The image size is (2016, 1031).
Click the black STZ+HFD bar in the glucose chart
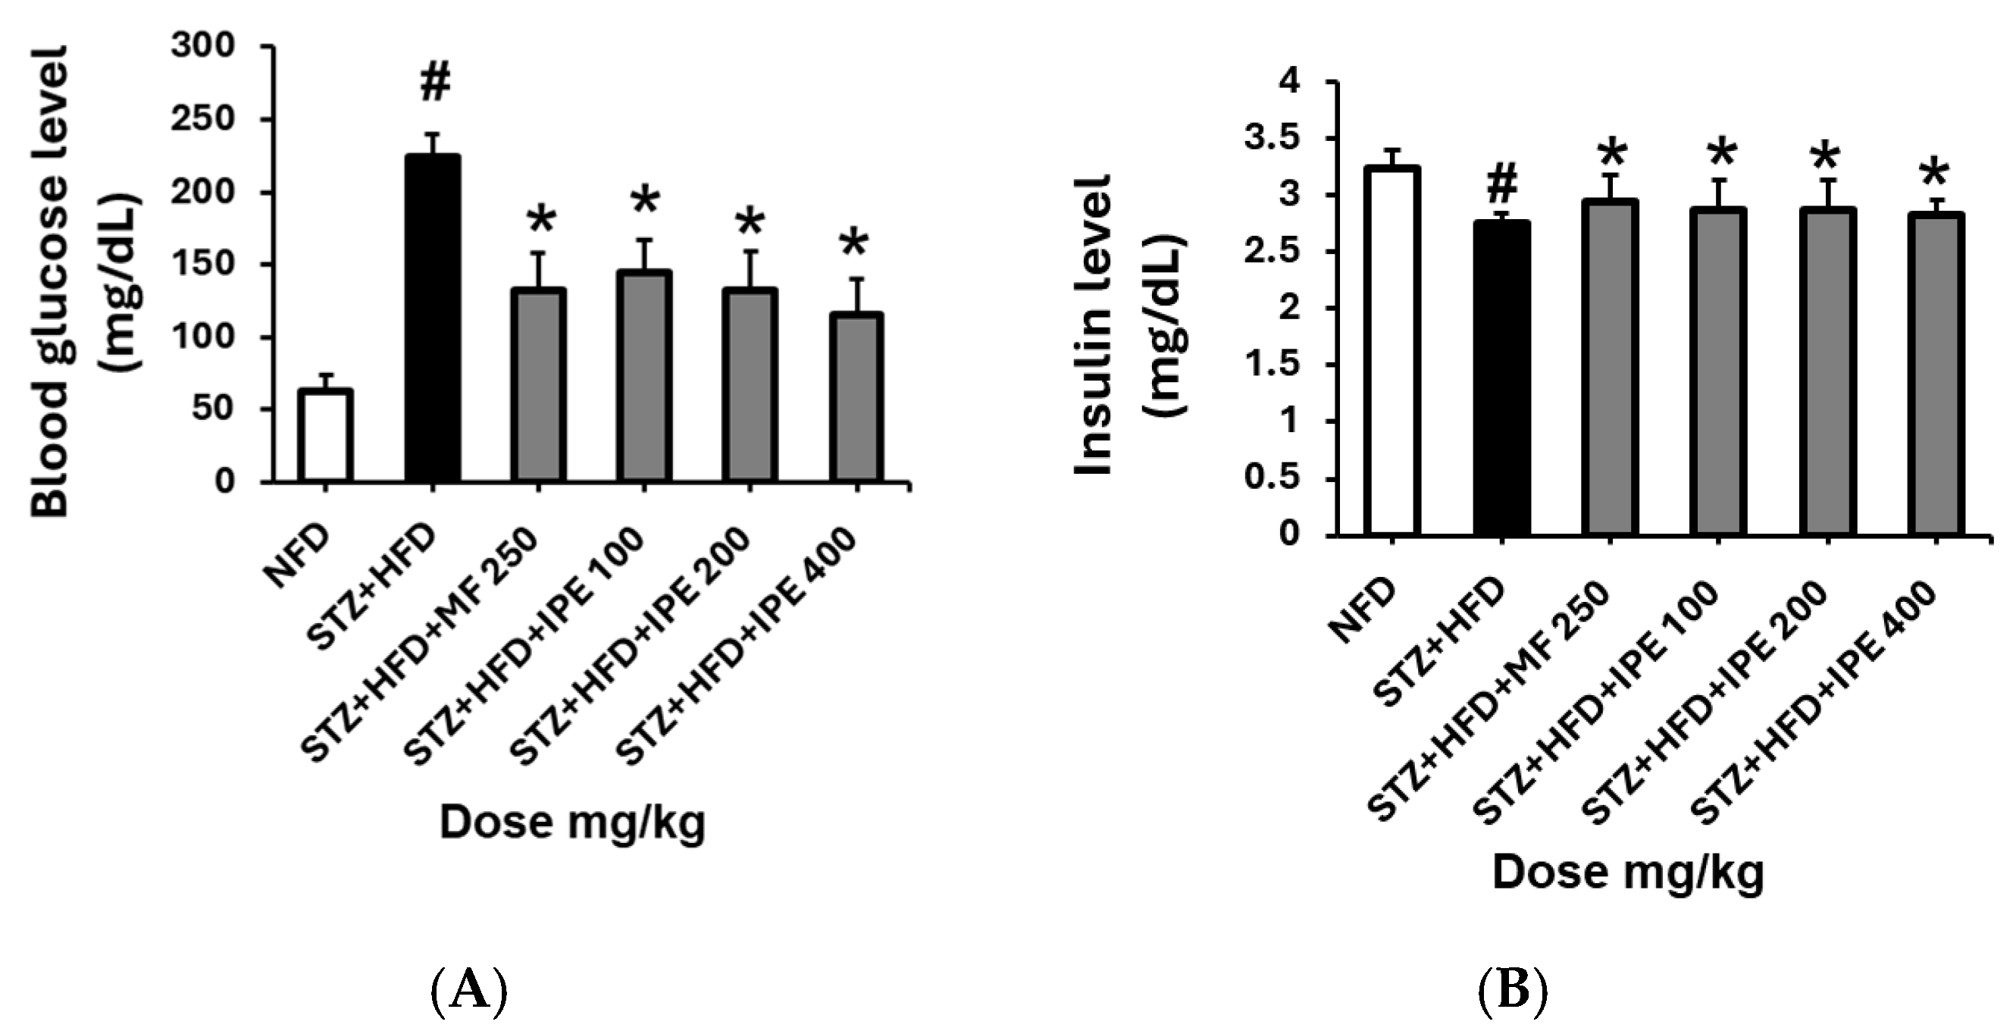coord(433,318)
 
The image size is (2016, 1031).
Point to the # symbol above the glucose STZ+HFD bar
coord(435,83)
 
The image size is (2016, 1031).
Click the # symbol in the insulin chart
coord(1501,186)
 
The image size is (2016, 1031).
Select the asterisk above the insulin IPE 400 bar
coord(1935,174)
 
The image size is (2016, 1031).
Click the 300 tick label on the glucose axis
coord(203,46)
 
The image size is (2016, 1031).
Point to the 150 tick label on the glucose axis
coord(203,265)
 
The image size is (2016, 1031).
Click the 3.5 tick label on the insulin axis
coord(1271,139)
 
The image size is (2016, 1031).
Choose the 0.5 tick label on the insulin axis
coord(1271,478)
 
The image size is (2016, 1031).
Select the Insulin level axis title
coord(1094,325)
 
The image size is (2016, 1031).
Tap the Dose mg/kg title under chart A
coord(573,822)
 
